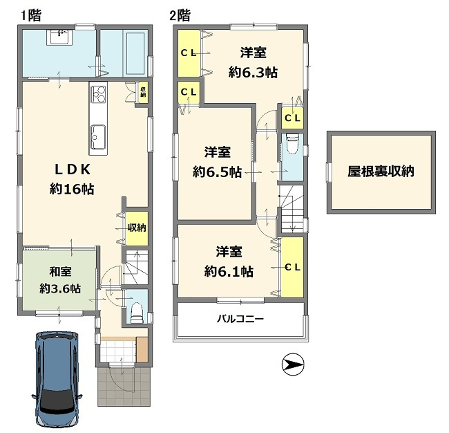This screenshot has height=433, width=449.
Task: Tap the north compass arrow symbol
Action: click(x=293, y=365)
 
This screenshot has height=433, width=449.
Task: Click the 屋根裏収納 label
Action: click(x=381, y=172)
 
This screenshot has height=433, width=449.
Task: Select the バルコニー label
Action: click(x=240, y=319)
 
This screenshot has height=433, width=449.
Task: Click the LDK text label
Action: click(x=73, y=169)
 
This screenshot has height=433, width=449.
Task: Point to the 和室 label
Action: click(x=60, y=271)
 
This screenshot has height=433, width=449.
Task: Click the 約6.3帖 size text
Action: click(x=253, y=72)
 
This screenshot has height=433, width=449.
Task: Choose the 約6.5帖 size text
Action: click(x=217, y=172)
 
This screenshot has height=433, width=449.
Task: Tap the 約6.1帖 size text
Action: click(x=229, y=271)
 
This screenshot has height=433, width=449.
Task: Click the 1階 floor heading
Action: click(x=31, y=15)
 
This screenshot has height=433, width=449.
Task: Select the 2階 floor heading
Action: click(x=180, y=15)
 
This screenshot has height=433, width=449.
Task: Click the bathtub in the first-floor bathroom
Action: click(x=135, y=54)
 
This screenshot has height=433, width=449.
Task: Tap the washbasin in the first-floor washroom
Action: click(x=59, y=37)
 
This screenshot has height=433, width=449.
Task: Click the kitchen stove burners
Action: click(x=99, y=94)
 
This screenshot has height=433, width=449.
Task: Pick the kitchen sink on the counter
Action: click(x=98, y=137)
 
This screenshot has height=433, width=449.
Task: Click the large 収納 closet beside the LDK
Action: click(x=137, y=228)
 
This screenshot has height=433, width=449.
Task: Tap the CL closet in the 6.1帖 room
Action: click(x=292, y=267)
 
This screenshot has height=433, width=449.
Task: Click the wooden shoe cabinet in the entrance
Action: click(x=142, y=349)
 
